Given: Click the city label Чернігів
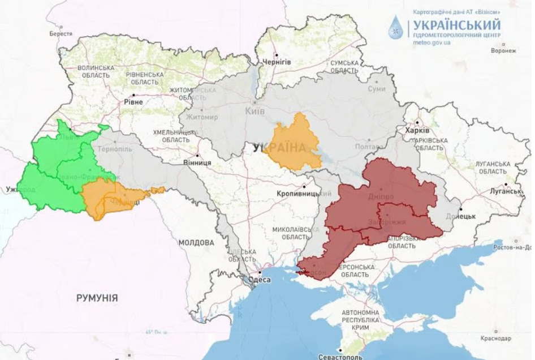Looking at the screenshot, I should pyautogui.click(x=277, y=62).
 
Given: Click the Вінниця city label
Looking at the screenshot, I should pyautogui.click(x=198, y=162).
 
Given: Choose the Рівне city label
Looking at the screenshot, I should pyautogui.click(x=133, y=102).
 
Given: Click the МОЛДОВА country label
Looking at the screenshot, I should pyautogui.click(x=196, y=242).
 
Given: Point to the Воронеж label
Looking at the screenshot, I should pyautogui.click(x=503, y=50).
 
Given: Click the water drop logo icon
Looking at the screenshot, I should pyautogui.click(x=397, y=27).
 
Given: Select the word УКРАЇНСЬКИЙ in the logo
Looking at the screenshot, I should pyautogui.click(x=457, y=25).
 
